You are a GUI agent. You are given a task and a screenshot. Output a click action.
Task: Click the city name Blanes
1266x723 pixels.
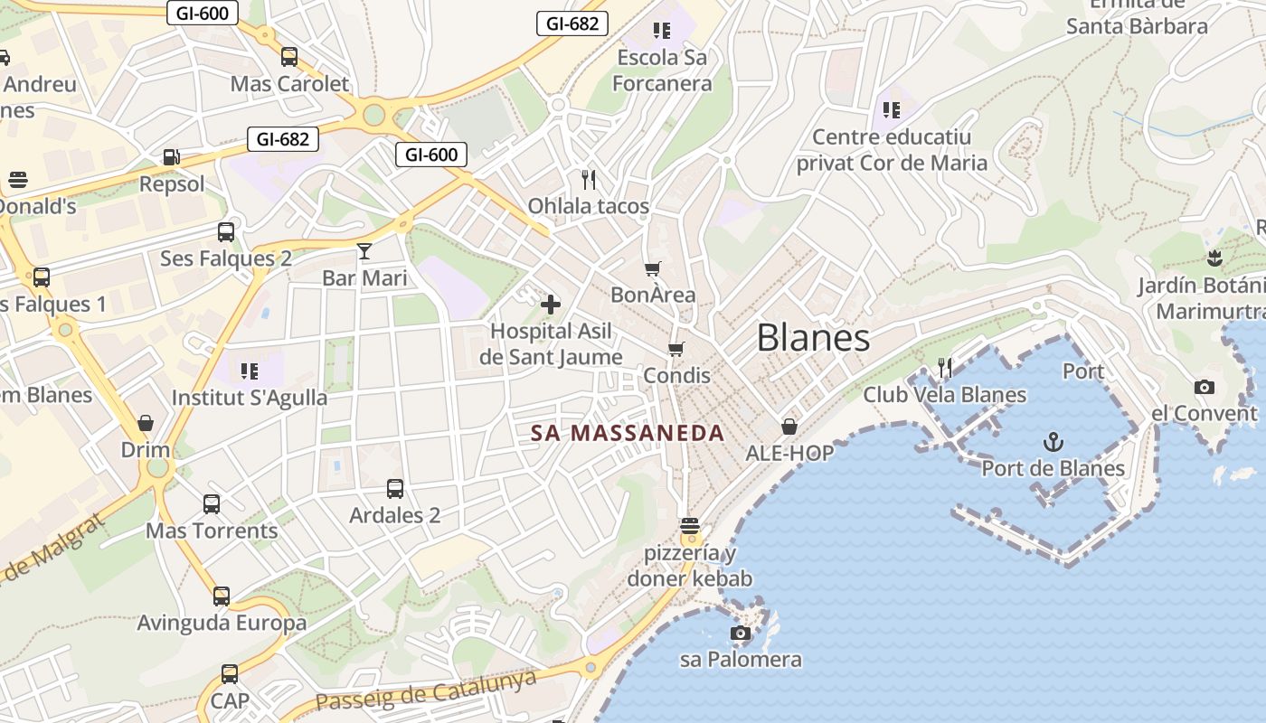[x=813, y=338]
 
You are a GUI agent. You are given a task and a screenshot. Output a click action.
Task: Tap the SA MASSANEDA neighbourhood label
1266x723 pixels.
[x=628, y=433]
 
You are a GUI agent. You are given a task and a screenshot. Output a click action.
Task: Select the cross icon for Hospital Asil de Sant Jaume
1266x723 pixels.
[x=551, y=305]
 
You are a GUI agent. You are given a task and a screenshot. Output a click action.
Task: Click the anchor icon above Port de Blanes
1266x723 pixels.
[x=1053, y=442]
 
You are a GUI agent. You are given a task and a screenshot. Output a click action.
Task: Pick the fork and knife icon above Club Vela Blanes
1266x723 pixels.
[x=945, y=367]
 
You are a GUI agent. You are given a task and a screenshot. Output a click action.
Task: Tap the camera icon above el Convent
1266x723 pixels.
[x=1204, y=387]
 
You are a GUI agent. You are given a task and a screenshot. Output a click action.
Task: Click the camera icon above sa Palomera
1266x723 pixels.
[x=741, y=633]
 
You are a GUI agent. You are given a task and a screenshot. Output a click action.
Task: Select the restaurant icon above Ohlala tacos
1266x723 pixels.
[x=589, y=179]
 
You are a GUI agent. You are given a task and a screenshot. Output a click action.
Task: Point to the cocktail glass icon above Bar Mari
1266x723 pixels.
[x=364, y=250]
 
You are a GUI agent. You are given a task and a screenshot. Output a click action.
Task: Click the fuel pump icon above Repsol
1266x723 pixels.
[x=172, y=157]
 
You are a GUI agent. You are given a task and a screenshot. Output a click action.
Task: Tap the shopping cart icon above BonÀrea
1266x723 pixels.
[x=653, y=268]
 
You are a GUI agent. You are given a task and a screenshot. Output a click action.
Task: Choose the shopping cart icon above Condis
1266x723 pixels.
[x=676, y=349]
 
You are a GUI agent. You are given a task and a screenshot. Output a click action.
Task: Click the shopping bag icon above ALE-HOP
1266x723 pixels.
[x=789, y=427]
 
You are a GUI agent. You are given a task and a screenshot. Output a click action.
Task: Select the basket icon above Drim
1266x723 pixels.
[x=146, y=423]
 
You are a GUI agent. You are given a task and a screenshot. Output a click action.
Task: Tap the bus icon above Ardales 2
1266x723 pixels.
[x=395, y=489]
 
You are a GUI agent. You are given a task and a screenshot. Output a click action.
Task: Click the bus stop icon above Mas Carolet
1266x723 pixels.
[x=289, y=57]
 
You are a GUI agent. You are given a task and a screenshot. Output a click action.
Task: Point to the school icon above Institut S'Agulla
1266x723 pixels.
[x=250, y=371]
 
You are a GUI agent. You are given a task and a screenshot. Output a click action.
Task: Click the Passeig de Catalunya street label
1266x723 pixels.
[x=426, y=692]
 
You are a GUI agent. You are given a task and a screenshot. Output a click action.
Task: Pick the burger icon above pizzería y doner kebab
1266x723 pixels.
[x=690, y=526]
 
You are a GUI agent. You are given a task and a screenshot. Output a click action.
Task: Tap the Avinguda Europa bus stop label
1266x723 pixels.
[x=222, y=623]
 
